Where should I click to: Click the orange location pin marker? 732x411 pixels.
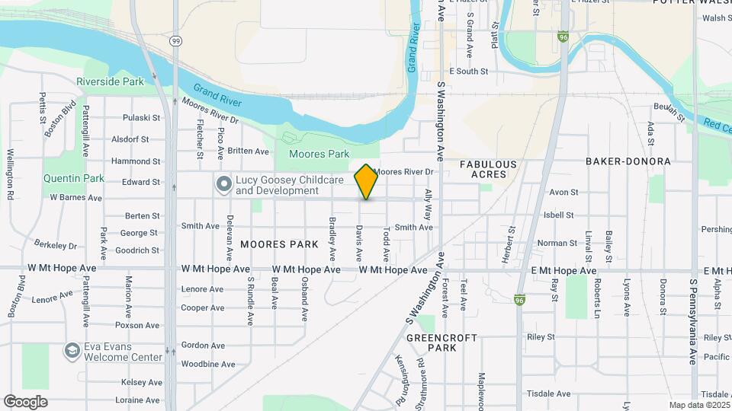tap(366, 181)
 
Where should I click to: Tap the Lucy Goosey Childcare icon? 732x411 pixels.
tap(223, 185)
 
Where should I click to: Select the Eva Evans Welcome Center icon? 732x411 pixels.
tap(72, 350)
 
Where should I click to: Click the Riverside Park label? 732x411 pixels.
tap(110, 81)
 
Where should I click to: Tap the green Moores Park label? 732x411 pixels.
tap(319, 154)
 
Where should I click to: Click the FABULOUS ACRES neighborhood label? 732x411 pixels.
tap(488, 169)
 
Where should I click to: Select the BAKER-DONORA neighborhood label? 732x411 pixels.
tap(628, 161)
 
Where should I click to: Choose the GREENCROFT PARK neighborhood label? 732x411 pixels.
tap(441, 342)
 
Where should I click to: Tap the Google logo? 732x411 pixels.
tap(25, 402)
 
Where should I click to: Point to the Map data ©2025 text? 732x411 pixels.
tap(699, 405)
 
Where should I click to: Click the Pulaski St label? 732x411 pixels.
tap(143, 118)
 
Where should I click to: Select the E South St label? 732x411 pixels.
tap(468, 72)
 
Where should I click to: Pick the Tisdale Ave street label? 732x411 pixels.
tap(553, 393)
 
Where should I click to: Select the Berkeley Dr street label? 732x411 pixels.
tap(56, 245)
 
